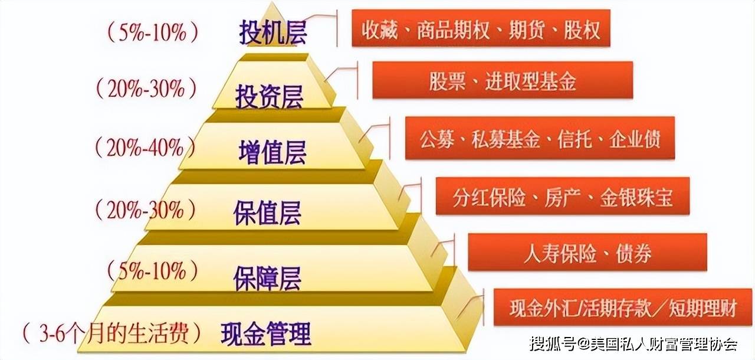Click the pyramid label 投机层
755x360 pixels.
pos(273,32)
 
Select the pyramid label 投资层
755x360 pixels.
pos(269,96)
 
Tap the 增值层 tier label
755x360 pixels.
pos(273,152)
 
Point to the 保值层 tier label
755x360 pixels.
pos(267,213)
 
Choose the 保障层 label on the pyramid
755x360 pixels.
pos(267,278)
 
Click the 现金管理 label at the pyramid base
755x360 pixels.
pos(266,333)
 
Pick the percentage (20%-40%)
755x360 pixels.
pos(146,148)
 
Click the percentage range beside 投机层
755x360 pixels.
pos(153,32)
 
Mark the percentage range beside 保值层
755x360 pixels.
pos(146,210)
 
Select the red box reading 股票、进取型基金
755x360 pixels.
pos(503,80)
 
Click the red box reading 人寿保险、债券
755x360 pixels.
pos(587,252)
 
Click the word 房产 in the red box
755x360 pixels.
pos(562,197)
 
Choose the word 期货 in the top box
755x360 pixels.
pos(527,30)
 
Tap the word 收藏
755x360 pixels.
pos(379,30)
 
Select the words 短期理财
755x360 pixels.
pos(703,307)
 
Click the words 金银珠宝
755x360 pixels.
pos(636,197)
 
